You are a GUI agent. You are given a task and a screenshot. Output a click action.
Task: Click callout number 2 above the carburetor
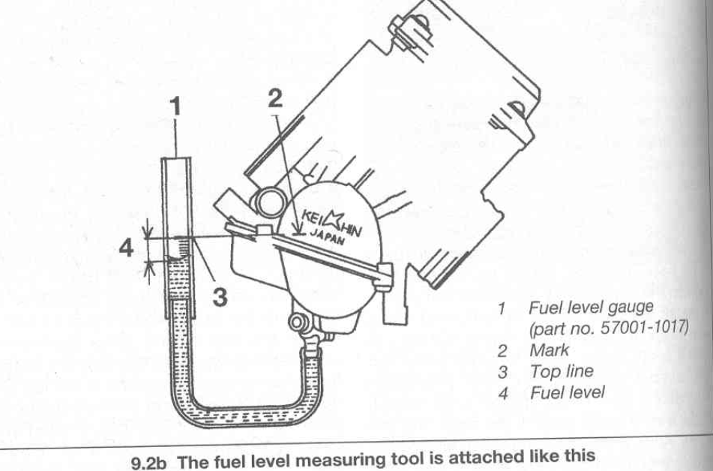pyautogui.click(x=275, y=97)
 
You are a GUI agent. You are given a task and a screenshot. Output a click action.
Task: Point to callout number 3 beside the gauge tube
pyautogui.click(x=219, y=297)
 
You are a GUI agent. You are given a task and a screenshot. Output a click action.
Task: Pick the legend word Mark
pyautogui.click(x=549, y=349)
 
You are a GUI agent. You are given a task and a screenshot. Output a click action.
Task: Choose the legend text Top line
pyautogui.click(x=561, y=370)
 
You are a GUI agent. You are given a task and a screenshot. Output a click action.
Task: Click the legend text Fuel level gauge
pyautogui.click(x=591, y=307)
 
